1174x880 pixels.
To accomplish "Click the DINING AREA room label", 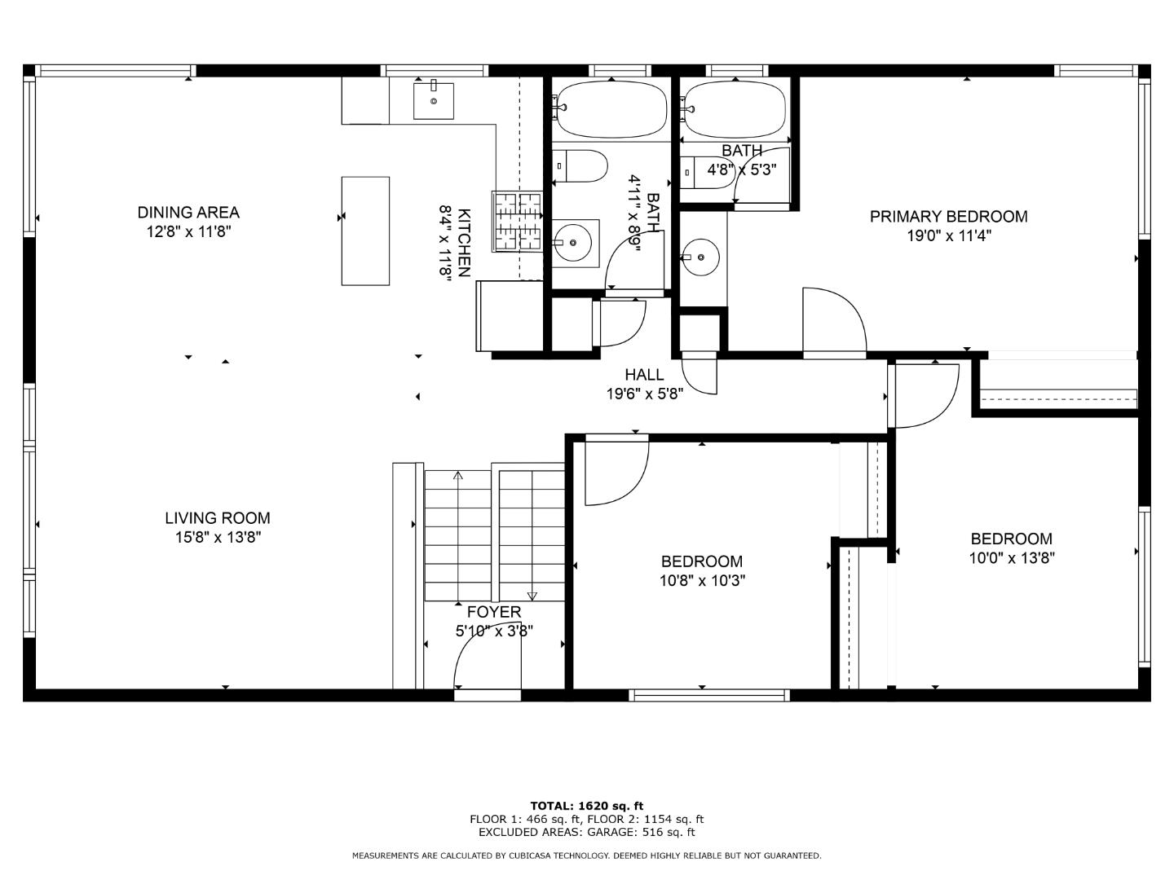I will (188, 213).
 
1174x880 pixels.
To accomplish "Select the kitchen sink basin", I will (434, 100).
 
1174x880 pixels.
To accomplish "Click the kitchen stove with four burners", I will (517, 221).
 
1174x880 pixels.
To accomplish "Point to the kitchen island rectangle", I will (364, 231).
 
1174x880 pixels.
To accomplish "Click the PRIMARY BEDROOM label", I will (948, 217).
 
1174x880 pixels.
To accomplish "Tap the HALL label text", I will (644, 375).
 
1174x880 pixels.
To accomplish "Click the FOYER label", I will (493, 612).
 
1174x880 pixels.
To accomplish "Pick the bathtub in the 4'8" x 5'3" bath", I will (735, 109).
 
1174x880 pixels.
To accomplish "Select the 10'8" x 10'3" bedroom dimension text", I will (702, 581).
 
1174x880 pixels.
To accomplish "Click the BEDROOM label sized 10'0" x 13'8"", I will (1011, 539).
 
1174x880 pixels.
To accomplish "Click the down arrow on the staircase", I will (532, 596).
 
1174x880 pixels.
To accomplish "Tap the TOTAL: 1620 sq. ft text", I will (586, 806).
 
